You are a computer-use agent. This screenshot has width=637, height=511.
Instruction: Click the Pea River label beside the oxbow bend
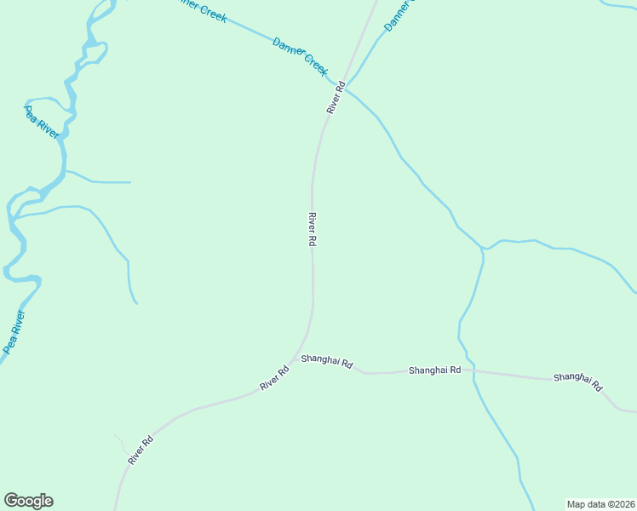point(42,123)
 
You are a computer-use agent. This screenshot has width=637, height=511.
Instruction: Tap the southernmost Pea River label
point(14,331)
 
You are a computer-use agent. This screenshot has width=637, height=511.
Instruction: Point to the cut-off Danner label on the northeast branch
point(399,15)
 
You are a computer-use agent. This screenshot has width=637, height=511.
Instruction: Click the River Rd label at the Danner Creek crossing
point(336,98)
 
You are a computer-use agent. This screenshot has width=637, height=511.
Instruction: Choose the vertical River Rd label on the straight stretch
point(313,229)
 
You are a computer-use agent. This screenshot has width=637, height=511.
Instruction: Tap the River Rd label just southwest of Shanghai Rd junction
point(274,379)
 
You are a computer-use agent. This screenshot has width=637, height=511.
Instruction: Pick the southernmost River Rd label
point(141,450)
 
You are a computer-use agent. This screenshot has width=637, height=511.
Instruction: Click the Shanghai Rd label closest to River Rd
point(327,362)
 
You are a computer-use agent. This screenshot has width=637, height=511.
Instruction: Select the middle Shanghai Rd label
point(434,370)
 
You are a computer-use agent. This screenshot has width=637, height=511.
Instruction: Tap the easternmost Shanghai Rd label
point(577,381)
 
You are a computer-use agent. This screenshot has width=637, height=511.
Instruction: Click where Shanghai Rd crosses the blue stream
point(473,370)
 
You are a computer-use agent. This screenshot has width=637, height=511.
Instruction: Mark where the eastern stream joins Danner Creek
point(484,249)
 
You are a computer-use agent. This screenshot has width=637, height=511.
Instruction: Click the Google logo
point(28,501)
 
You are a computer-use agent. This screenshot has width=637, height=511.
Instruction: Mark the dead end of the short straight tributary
point(130,182)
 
